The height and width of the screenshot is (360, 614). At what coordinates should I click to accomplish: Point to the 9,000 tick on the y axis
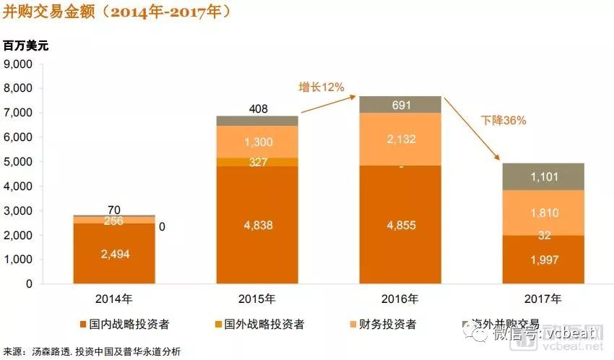(20, 64)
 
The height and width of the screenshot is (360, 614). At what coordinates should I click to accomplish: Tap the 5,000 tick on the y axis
(20, 162)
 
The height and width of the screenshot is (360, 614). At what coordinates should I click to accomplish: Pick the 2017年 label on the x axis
(543, 298)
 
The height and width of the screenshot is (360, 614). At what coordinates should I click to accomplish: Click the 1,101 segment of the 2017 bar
(543, 176)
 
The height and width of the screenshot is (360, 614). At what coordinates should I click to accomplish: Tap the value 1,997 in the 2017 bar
(543, 259)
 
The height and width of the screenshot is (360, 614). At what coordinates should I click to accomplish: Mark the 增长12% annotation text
(321, 87)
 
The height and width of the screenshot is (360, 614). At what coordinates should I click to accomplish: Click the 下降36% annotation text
(503, 121)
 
